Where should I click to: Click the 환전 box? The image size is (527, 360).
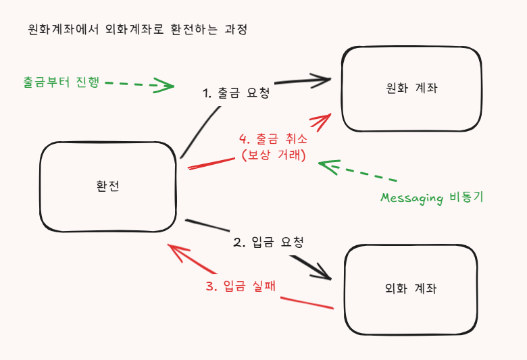(x=107, y=187)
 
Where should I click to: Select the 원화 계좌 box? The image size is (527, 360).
(x=411, y=88)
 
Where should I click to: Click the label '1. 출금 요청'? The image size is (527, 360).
(x=236, y=93)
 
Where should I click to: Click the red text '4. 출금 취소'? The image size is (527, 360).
(x=273, y=140)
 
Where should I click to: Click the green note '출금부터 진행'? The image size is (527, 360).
(x=61, y=82)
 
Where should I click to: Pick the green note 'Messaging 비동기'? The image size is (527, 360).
(x=432, y=198)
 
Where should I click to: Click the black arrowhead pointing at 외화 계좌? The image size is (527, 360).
(x=322, y=272)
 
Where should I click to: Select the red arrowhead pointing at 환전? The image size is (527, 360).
(x=177, y=253)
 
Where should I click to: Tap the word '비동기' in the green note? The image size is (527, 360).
(x=466, y=198)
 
